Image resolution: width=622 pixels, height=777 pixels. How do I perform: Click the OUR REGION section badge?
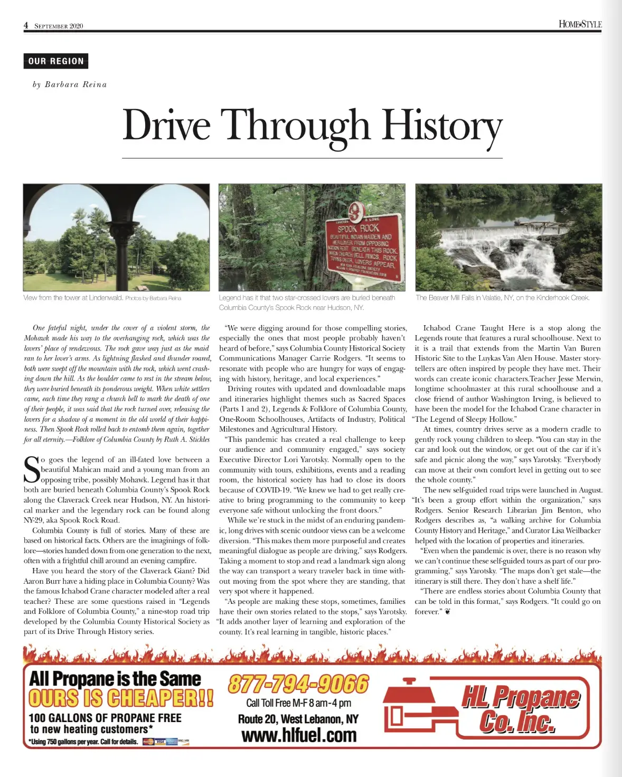point(56,61)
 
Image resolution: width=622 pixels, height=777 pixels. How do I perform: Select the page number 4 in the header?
point(26,25)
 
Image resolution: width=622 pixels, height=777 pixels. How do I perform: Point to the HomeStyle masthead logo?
point(580,24)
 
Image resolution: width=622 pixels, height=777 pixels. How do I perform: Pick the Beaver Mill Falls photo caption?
point(502,298)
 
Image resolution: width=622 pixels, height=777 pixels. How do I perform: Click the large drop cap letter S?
point(32,469)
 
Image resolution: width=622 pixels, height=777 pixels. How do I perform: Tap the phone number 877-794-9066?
point(298,684)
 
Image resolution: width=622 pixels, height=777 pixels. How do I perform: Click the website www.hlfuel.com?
point(299,735)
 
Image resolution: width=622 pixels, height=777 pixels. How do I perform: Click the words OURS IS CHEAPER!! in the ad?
point(121,698)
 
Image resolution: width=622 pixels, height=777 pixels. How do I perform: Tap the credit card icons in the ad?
point(166,742)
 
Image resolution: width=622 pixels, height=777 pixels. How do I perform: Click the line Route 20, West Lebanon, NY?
point(298,719)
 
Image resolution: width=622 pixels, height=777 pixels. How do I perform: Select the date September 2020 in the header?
point(59,26)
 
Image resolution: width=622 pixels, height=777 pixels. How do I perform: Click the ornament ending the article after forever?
point(448,612)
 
